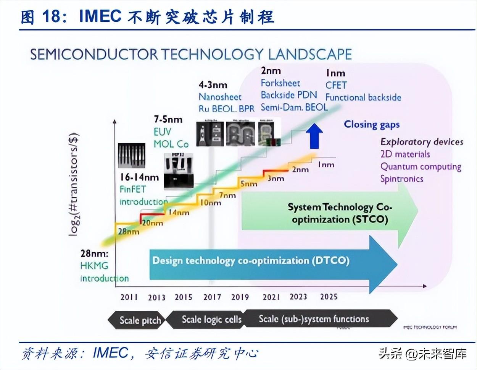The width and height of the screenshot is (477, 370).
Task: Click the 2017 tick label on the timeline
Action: pyautogui.click(x=212, y=297)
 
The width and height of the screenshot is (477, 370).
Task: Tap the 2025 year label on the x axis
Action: pyautogui.click(x=329, y=297)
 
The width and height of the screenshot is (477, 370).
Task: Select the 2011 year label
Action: pyautogui.click(x=129, y=297)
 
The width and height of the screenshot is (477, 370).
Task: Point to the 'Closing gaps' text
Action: pyautogui.click(x=372, y=124)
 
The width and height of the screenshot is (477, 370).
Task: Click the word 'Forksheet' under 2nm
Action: pyautogui.click(x=280, y=83)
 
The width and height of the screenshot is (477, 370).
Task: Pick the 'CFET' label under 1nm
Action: pyautogui.click(x=336, y=85)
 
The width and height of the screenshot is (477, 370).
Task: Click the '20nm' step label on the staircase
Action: pyautogui.click(x=152, y=223)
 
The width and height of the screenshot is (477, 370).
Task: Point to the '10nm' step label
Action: pyautogui.click(x=211, y=203)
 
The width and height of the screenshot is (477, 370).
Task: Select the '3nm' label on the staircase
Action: pyautogui.click(x=276, y=178)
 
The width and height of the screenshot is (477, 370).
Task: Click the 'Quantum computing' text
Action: pyautogui.click(x=421, y=167)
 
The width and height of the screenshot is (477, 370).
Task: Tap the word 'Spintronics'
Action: pyautogui.click(x=401, y=179)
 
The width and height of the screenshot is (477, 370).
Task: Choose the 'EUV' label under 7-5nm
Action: pyautogui.click(x=162, y=132)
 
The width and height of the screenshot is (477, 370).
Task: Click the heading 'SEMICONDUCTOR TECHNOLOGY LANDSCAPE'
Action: pyautogui.click(x=191, y=54)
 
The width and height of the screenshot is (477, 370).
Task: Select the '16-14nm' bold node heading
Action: pyautogui.click(x=139, y=177)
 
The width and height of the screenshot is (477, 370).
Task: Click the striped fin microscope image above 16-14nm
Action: pyautogui.click(x=132, y=156)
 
